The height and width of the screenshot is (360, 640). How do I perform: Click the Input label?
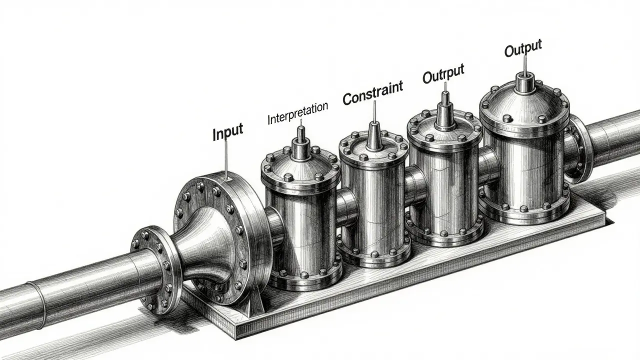227,132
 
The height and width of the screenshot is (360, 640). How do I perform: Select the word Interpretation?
297,114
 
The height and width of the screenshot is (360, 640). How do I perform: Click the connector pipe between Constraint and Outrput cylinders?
416,185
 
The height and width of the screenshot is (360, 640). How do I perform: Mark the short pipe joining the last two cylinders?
490,165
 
